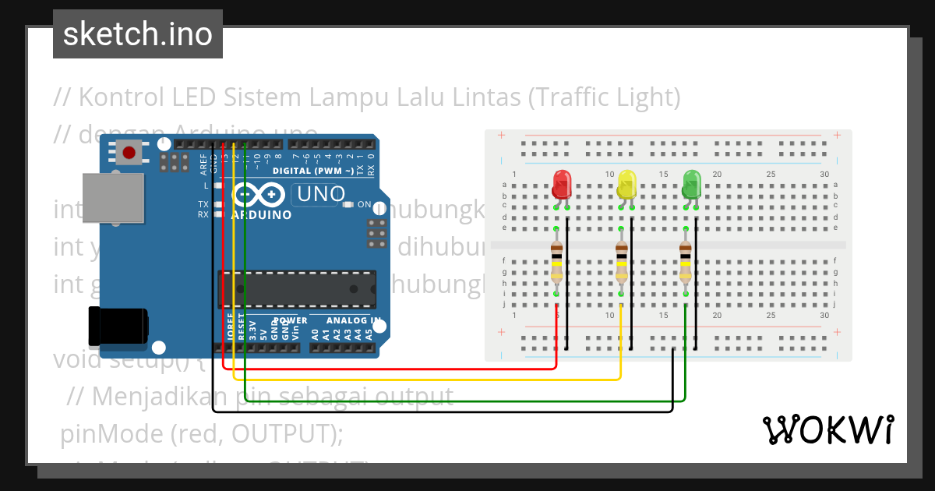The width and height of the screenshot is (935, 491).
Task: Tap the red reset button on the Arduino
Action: (131, 151)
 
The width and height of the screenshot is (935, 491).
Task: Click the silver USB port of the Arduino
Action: (113, 199)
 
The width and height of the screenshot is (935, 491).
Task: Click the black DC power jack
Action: (117, 327)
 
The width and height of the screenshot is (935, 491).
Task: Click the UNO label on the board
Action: (319, 193)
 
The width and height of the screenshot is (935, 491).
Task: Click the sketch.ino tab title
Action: (138, 34)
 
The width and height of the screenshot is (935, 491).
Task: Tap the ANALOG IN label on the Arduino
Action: (354, 320)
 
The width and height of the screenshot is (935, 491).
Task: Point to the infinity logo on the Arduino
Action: (261, 194)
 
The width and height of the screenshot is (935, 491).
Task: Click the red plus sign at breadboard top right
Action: (837, 136)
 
